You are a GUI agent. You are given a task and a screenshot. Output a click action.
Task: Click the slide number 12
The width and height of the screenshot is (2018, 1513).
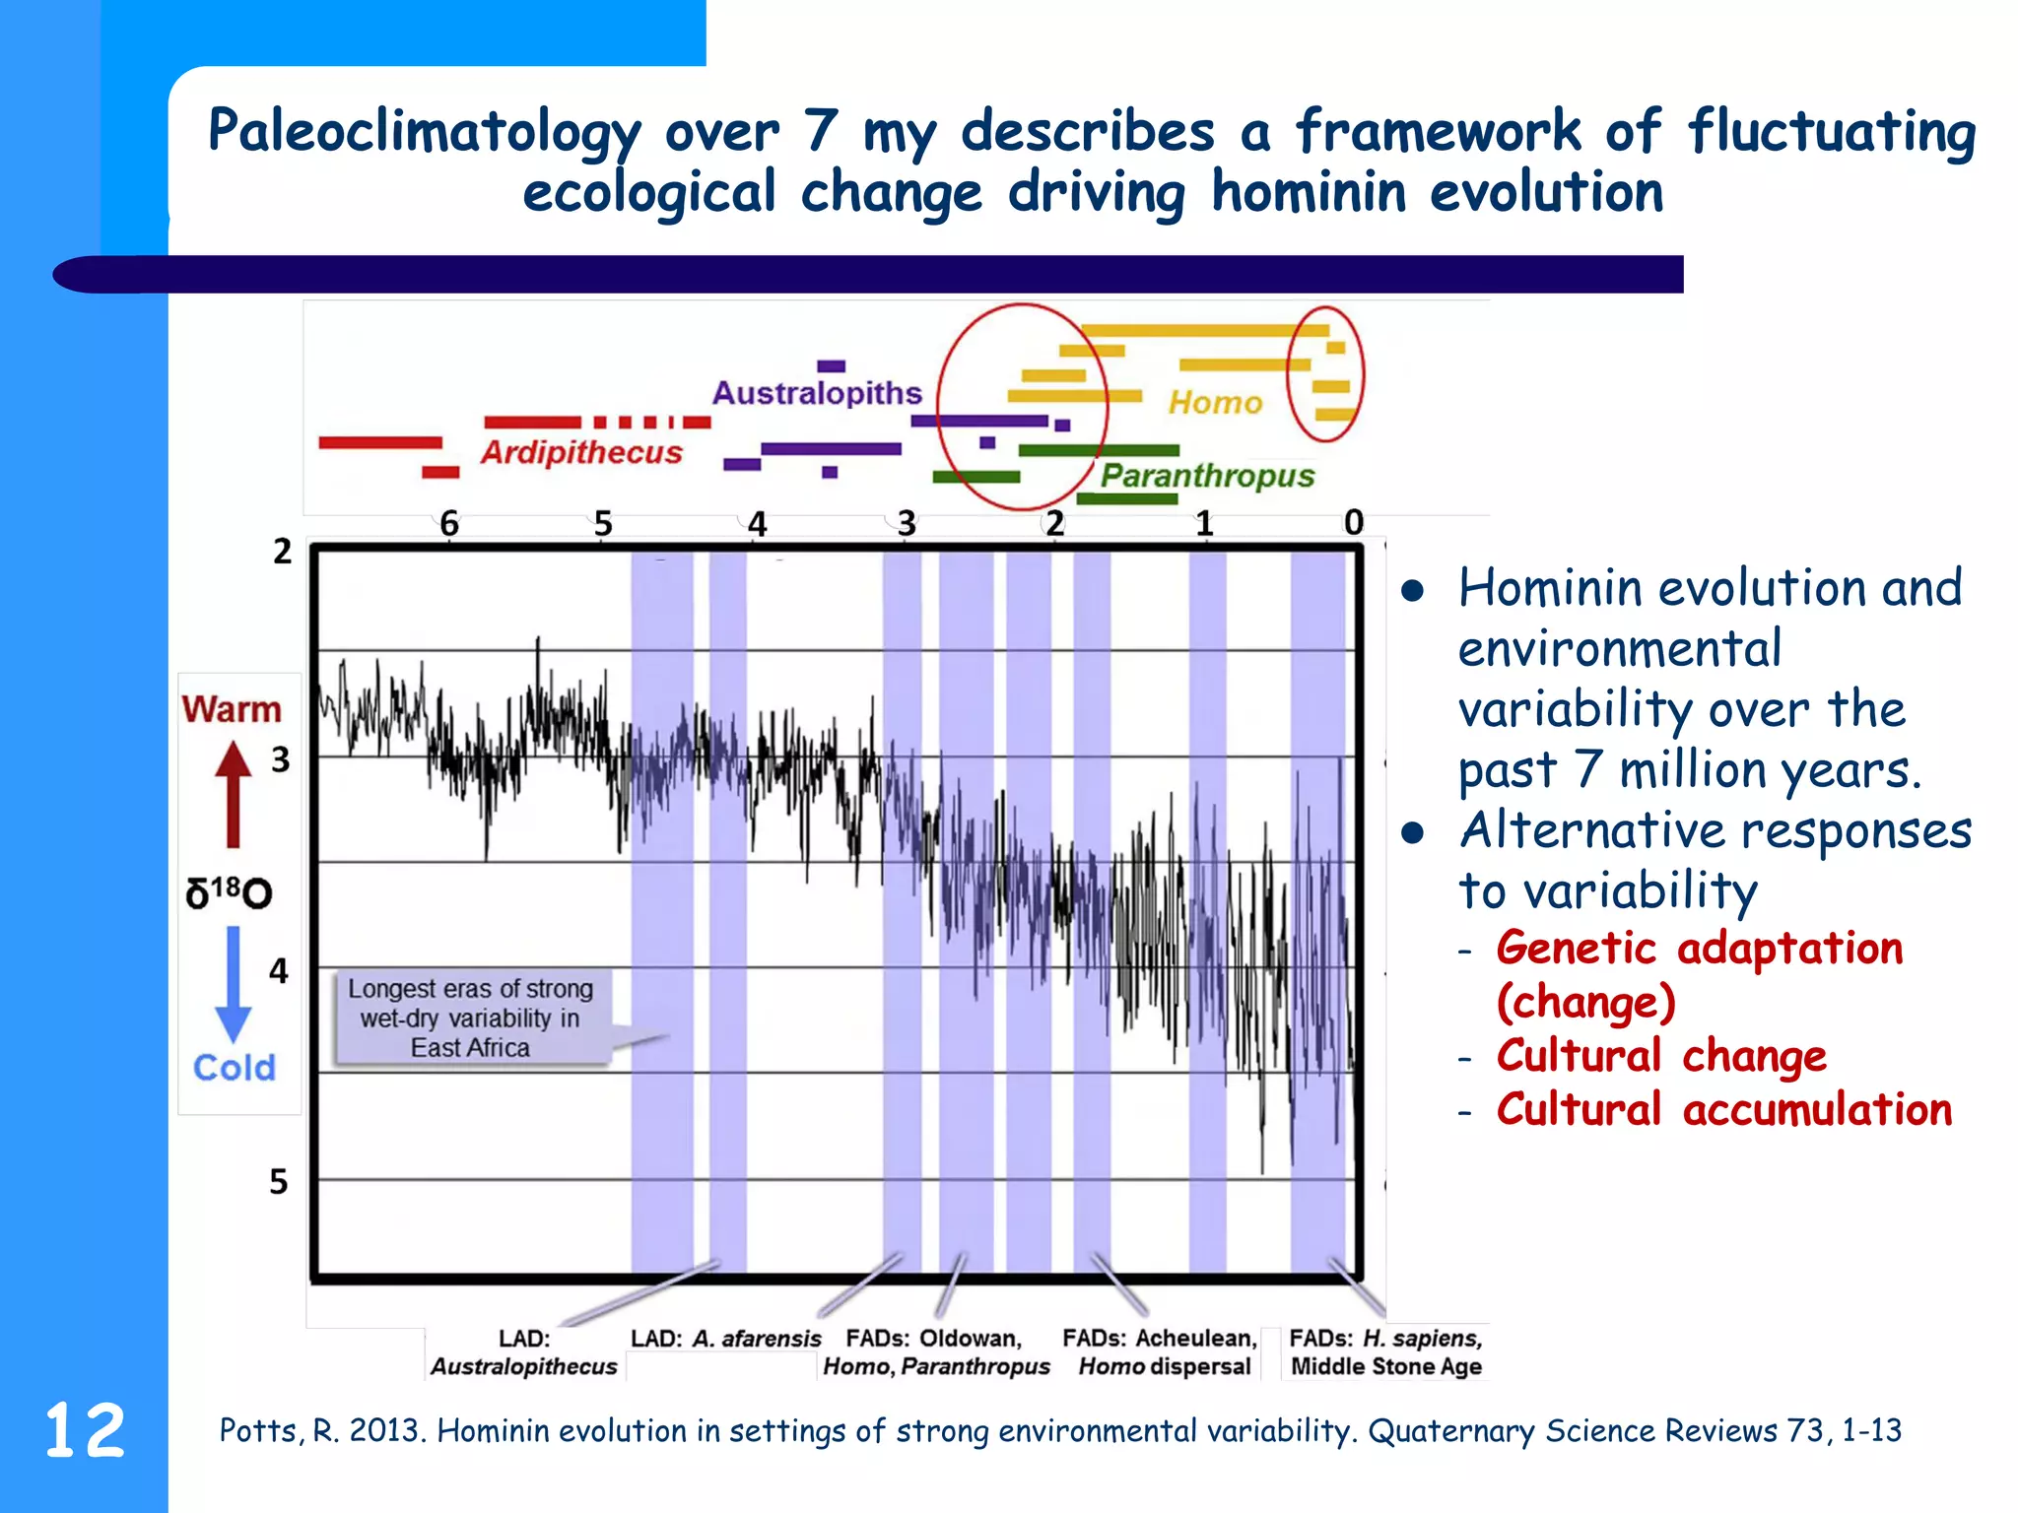tap(85, 1430)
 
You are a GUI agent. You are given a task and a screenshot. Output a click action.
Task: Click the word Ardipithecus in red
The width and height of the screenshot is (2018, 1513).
tap(581, 452)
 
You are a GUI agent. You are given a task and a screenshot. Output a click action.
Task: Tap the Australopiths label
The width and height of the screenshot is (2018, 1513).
tap(817, 393)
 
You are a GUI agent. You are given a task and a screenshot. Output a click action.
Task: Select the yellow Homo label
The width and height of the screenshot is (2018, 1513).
tap(1215, 402)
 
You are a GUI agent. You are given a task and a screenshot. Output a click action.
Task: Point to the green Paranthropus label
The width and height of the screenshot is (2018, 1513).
tap(1207, 476)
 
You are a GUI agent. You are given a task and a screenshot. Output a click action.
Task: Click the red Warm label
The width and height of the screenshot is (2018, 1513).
tap(232, 709)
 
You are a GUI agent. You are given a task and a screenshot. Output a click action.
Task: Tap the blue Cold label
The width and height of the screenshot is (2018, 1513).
tap(235, 1068)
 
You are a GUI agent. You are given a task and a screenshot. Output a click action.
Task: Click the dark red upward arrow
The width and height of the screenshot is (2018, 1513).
tap(234, 794)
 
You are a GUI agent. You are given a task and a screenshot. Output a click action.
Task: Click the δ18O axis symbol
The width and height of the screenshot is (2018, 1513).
tap(229, 892)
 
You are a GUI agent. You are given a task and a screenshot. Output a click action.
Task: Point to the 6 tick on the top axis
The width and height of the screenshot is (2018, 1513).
tap(449, 523)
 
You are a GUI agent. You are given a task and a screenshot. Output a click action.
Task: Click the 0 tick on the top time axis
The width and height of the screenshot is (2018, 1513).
tap(1354, 522)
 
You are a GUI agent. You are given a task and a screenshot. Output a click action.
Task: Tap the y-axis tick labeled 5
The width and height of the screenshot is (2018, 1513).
tap(279, 1181)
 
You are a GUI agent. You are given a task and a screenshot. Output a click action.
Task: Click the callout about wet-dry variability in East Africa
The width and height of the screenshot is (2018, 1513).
tap(471, 1018)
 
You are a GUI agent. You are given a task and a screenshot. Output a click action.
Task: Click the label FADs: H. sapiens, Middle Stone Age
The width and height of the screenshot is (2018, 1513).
tap(1385, 1352)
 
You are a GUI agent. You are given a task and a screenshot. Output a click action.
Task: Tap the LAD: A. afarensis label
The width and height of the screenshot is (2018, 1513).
tap(726, 1339)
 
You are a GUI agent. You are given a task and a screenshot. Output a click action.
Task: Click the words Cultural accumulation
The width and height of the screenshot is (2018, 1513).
tap(1723, 1110)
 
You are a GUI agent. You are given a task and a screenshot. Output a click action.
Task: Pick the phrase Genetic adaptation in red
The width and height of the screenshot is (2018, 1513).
tap(1699, 949)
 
